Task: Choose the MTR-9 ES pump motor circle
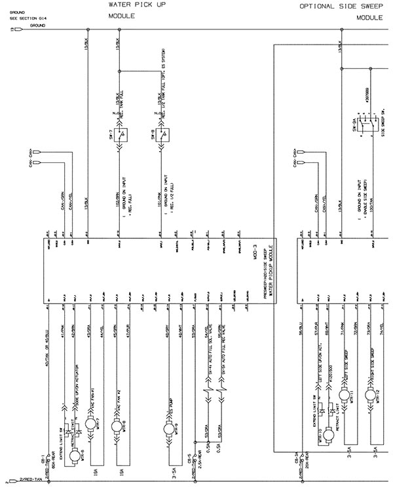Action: (167, 427)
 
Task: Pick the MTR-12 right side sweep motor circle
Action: (371, 396)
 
